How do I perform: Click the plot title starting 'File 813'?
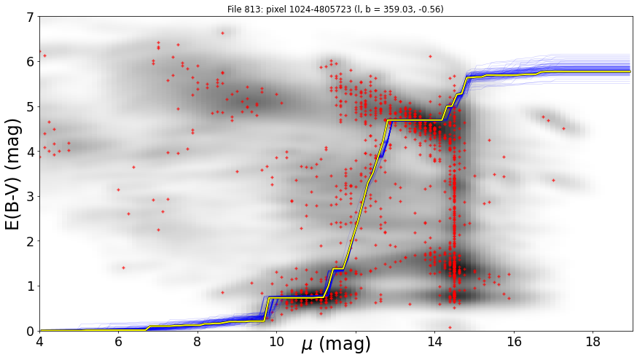point(335,9)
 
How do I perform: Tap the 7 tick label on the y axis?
point(31,17)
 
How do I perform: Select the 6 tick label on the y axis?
point(31,62)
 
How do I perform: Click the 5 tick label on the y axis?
point(31,107)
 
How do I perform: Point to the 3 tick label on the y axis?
point(31,197)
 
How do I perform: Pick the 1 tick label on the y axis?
point(31,286)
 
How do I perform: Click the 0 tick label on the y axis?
point(31,332)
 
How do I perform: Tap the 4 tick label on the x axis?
point(39,342)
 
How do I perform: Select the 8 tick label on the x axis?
point(198,342)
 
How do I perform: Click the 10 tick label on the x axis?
point(276,342)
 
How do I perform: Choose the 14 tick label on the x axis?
point(434,342)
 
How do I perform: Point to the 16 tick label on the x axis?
point(514,342)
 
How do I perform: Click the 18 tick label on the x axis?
point(593,342)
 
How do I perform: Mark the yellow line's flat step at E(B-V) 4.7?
point(415,120)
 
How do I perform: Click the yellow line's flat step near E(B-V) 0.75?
point(296,297)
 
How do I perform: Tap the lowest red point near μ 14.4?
point(450,327)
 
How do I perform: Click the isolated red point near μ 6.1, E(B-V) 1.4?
point(123,267)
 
